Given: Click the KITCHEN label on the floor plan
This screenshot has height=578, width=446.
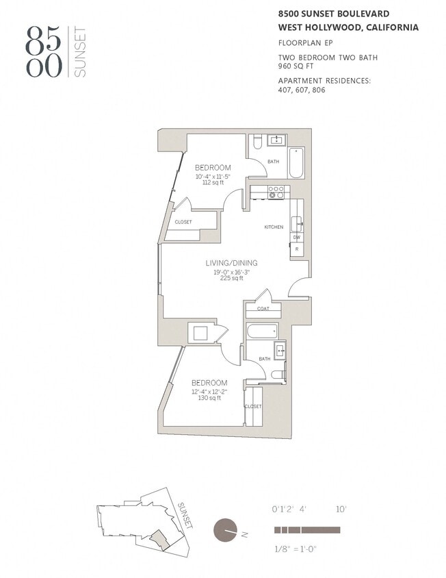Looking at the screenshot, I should (274, 227).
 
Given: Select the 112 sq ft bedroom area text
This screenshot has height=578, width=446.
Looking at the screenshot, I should (212, 182).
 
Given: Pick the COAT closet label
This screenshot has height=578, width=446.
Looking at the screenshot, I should (263, 308).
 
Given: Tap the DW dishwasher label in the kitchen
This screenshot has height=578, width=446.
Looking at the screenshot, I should (297, 237).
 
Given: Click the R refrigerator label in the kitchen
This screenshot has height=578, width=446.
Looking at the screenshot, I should (297, 249).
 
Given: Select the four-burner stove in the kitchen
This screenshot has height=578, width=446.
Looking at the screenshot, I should (276, 191).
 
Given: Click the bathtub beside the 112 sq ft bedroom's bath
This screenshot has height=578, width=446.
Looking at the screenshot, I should (297, 162).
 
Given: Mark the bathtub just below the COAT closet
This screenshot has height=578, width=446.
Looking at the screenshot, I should (263, 331).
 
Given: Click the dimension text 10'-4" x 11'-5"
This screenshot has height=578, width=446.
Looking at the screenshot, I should (212, 176).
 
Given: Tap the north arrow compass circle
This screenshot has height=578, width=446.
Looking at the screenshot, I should (224, 531).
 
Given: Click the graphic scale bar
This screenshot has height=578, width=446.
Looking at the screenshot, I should (307, 529).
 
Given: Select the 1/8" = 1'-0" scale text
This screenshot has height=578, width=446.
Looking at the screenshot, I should (296, 549).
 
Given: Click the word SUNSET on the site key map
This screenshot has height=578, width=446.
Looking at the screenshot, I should (185, 515).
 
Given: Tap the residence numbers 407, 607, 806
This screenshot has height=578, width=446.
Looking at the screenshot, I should (302, 90).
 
